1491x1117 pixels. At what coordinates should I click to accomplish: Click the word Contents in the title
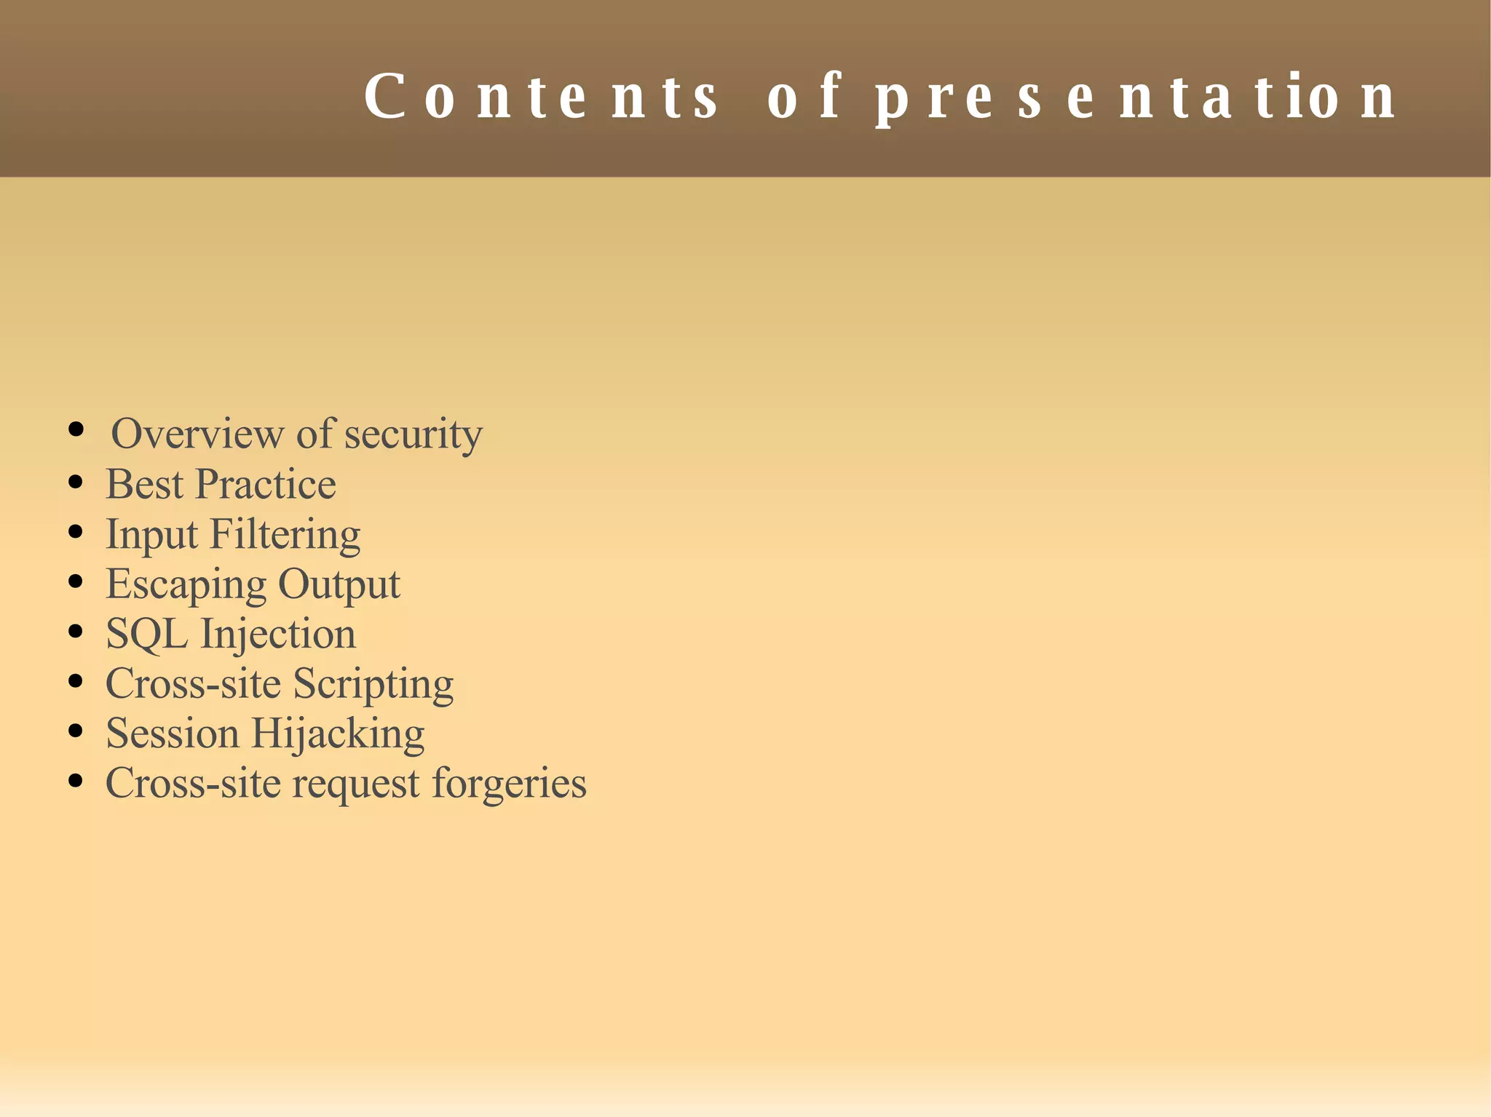coord(541,97)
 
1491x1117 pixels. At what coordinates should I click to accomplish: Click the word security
coord(413,435)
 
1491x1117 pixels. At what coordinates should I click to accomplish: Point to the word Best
coord(144,484)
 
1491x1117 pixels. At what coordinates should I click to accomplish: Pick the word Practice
coord(266,484)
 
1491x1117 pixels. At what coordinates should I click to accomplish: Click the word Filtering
coord(285,535)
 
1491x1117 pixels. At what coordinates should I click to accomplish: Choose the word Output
coord(339,585)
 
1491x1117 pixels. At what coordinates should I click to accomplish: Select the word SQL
coord(146,634)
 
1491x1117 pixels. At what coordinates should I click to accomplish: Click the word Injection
coord(278,635)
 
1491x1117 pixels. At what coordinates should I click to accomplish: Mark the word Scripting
coord(373,685)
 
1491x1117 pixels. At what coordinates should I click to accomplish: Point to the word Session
coord(173,734)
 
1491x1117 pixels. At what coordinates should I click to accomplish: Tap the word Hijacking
coord(338,734)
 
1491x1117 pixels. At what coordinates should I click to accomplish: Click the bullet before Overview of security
coord(76,429)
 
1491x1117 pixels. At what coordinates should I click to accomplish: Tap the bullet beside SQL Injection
coord(75,632)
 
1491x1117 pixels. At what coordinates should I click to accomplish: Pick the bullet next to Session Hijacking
coord(75,731)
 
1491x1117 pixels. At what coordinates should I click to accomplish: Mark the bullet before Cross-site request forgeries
coord(75,782)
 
